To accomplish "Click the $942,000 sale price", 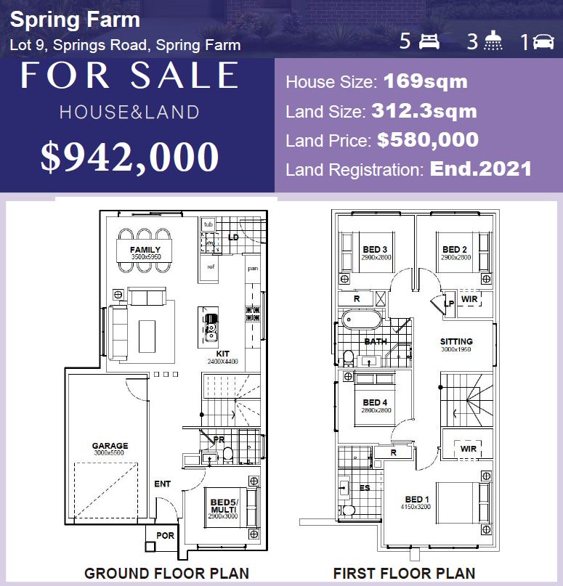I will point(129,156).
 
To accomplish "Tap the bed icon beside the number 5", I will point(429,41).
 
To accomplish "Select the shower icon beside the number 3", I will point(494,41).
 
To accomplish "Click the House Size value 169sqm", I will point(425,81).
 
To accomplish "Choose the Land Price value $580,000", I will point(427,139).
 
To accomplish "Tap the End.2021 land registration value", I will point(481,169).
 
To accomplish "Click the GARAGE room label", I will point(110,446).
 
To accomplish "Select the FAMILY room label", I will point(145,250).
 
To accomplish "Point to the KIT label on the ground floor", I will point(222,354).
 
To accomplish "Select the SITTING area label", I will point(456,341).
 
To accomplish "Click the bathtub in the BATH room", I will point(362,320).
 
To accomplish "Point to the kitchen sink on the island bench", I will point(211,326).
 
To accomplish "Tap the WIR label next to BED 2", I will point(469,298).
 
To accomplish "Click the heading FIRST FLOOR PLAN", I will point(404,573).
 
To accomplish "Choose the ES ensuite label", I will point(365,487).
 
